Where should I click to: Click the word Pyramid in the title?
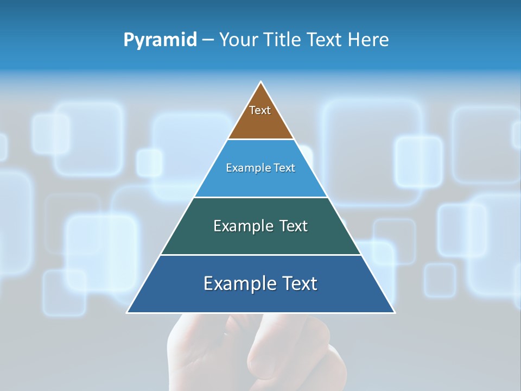(160, 40)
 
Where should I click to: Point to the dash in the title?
(208, 40)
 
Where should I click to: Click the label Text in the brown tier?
(260, 110)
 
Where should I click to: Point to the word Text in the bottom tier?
(299, 283)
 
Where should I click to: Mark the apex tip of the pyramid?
(261, 83)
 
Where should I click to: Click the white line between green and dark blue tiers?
(260, 255)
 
